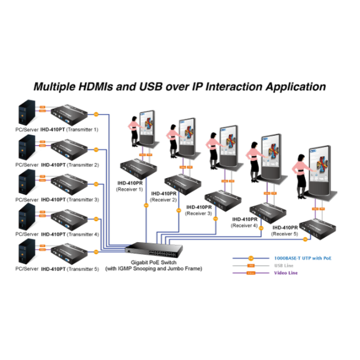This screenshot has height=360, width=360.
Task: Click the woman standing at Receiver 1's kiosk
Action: click(134, 133)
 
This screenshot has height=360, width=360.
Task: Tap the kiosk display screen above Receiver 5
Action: click(320, 164)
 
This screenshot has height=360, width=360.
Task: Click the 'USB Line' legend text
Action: click(283, 265)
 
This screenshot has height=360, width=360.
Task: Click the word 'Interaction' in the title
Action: click(232, 87)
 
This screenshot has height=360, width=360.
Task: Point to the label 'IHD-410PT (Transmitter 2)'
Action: click(70, 165)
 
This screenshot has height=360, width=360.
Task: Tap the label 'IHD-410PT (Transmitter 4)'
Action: click(70, 234)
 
